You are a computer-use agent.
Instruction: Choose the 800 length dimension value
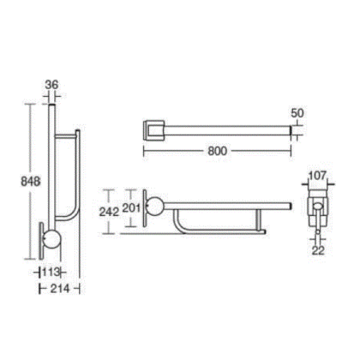216,150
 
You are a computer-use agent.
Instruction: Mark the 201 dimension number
134,208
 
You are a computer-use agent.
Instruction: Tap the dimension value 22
319,250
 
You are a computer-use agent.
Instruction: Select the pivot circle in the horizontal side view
155,205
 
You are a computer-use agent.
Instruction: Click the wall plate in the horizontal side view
143,211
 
